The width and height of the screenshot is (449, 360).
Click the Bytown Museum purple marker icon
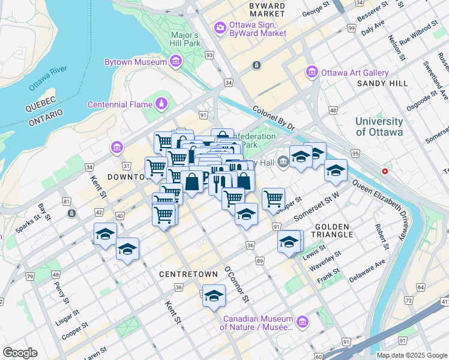click(x=176, y=61)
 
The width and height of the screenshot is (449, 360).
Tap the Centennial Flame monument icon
click(x=161, y=104)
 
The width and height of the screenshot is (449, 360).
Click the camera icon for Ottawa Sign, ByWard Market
click(x=220, y=28)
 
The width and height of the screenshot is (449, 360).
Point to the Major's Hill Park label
click(x=184, y=39)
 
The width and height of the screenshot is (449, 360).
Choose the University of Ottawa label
click(x=379, y=127)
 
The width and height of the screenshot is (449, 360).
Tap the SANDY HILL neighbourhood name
click(x=382, y=84)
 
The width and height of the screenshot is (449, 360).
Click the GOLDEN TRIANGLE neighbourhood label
click(x=334, y=230)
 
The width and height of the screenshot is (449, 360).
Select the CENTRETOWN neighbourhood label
click(x=188, y=274)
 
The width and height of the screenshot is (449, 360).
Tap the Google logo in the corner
click(x=20, y=353)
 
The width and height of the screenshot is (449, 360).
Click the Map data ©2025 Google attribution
click(x=412, y=355)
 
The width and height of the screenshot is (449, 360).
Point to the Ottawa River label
click(x=47, y=79)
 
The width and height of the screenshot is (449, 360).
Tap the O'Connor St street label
click(x=236, y=284)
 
